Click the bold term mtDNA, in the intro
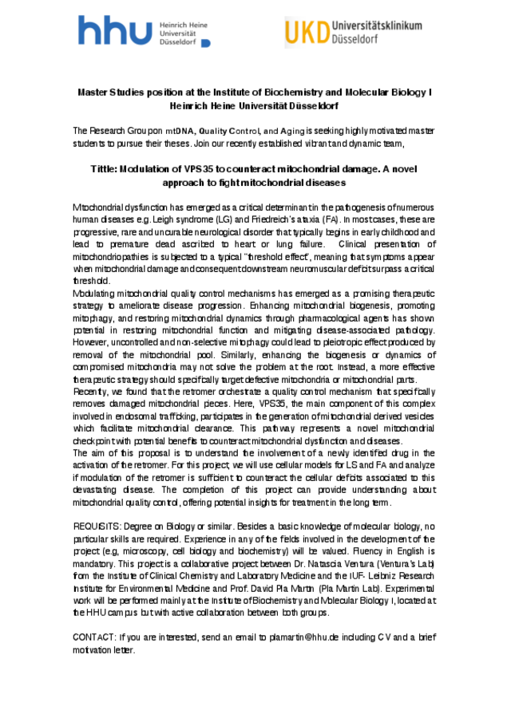[x=180, y=131]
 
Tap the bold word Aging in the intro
[x=291, y=131]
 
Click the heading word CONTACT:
[x=94, y=638]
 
